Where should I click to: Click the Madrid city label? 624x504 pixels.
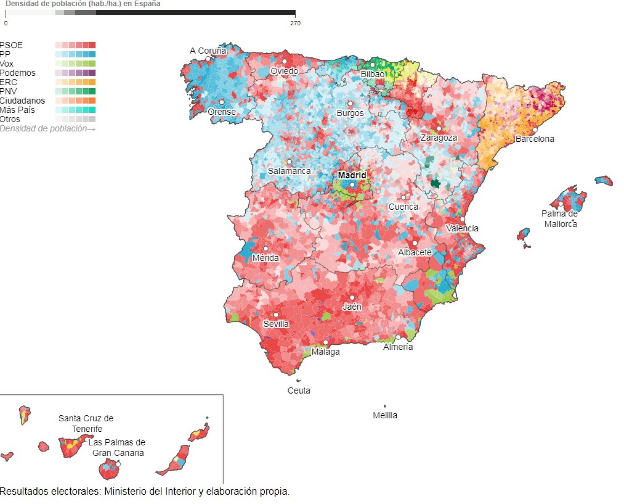[x=352, y=175]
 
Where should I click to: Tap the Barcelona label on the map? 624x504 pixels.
[x=534, y=139]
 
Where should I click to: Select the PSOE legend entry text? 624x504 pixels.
[x=11, y=45]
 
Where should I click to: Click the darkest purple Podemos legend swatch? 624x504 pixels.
[x=92, y=73]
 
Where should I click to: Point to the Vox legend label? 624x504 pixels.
[x=7, y=64]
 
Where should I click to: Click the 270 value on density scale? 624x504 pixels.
[x=295, y=23]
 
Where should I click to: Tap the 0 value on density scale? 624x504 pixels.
[x=6, y=23]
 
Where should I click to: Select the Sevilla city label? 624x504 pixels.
[x=276, y=324]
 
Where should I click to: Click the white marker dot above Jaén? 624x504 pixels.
[x=352, y=298]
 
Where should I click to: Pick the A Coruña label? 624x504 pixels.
[x=208, y=51]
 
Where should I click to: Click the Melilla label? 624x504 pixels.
[x=385, y=415]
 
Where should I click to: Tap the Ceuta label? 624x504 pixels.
[x=299, y=391]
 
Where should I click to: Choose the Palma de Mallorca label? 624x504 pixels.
[x=560, y=219]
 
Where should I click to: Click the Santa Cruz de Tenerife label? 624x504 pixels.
[x=86, y=424]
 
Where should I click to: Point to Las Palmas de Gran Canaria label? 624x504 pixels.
[x=117, y=448]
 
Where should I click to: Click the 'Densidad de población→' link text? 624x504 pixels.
[x=47, y=129]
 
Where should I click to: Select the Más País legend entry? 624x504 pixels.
[x=18, y=110]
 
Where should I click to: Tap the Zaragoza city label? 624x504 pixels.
[x=438, y=138]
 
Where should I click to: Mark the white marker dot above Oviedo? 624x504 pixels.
[x=284, y=62]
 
